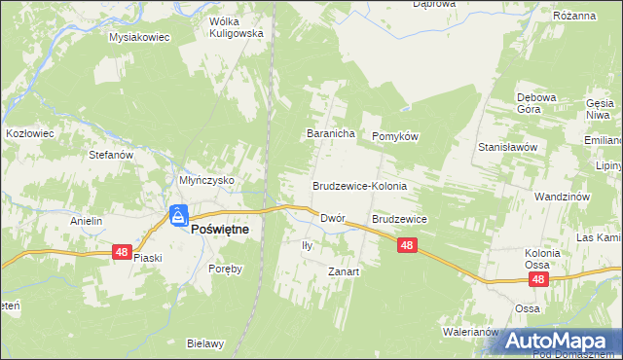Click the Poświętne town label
pyautogui.click(x=220, y=230)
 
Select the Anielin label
pyautogui.click(x=87, y=221)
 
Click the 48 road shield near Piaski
pyautogui.click(x=122, y=252)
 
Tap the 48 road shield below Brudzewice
pyautogui.click(x=407, y=247)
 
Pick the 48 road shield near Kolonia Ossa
pyautogui.click(x=538, y=279)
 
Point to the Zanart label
pyautogui.click(x=344, y=272)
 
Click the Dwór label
pyautogui.click(x=333, y=220)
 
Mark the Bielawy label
pyautogui.click(x=206, y=343)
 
